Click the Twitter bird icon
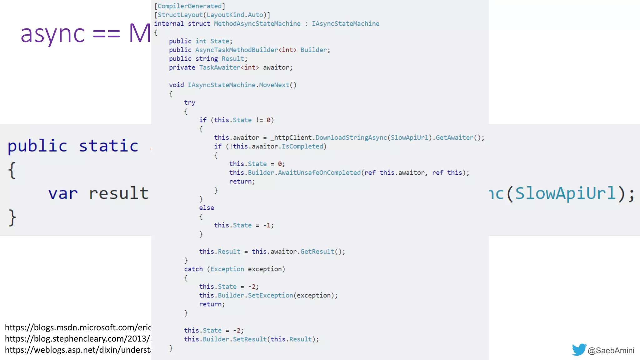(x=579, y=350)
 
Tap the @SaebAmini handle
(x=611, y=351)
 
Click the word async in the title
(x=52, y=34)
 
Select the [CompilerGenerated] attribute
(x=189, y=6)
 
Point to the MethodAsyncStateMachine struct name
(x=257, y=23)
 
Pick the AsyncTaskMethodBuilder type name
(x=237, y=50)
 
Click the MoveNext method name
(x=274, y=85)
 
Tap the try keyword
(x=189, y=102)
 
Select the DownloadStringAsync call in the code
(x=351, y=137)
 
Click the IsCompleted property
(x=302, y=146)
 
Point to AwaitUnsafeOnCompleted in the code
(x=319, y=172)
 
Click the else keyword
(x=207, y=208)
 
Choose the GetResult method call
(x=317, y=252)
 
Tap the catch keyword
(x=193, y=269)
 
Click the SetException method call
(x=271, y=295)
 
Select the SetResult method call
(x=250, y=339)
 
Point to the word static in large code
(x=108, y=146)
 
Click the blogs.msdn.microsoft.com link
(x=78, y=327)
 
